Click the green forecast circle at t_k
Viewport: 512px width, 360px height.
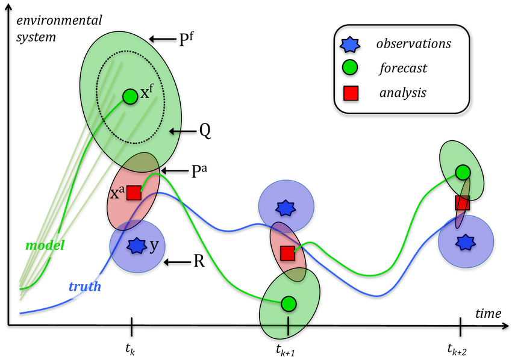pos(130,96)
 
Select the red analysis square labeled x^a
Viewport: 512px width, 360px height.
pos(134,193)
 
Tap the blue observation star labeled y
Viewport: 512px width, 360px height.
pos(137,245)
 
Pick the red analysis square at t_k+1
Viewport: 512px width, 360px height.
pos(287,253)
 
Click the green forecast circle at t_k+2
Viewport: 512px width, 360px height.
pos(463,172)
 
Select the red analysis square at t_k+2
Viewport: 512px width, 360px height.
pos(462,202)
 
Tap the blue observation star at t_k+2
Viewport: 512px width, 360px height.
pos(464,242)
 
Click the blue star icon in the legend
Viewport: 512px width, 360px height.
pos(351,43)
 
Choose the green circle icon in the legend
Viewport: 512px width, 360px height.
pos(351,67)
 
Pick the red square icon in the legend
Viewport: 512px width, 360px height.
pos(351,93)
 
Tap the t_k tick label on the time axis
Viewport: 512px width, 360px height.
pos(131,348)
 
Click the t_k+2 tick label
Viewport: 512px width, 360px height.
pos(459,348)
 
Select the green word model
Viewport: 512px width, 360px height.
pos(45,246)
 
